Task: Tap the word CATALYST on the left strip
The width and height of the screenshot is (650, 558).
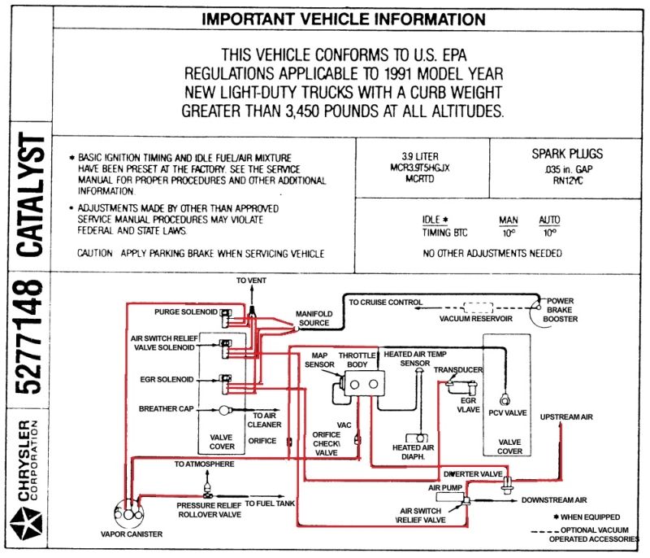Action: click(30, 194)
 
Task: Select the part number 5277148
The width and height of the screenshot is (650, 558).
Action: click(29, 337)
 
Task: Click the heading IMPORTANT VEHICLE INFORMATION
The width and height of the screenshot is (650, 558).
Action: click(343, 19)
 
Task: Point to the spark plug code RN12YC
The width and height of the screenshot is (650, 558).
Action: click(567, 181)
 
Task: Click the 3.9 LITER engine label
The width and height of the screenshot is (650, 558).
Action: click(419, 156)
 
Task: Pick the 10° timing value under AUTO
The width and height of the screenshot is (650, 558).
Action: click(549, 233)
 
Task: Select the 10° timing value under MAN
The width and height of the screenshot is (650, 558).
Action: click(509, 233)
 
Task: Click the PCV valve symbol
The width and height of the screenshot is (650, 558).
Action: click(505, 400)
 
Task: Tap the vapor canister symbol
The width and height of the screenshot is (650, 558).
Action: click(128, 514)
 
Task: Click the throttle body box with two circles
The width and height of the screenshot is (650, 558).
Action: click(364, 384)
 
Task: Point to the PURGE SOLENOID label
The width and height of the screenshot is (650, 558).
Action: click(186, 312)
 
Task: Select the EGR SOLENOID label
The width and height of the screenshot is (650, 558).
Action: click(167, 379)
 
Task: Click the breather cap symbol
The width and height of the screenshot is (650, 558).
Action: click(224, 410)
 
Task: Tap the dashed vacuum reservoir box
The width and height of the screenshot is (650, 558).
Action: click(478, 307)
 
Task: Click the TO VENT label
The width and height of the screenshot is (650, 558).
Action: click(251, 281)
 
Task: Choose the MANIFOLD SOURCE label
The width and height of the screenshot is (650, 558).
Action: click(314, 318)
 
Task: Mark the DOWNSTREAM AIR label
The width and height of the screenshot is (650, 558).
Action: click(554, 500)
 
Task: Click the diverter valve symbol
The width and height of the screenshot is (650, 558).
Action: click(507, 484)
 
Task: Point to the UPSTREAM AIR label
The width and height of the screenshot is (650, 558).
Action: click(566, 417)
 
